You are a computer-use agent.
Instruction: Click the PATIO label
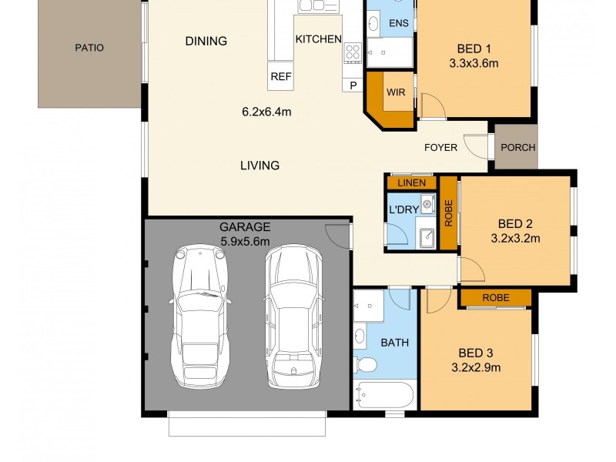[89, 48]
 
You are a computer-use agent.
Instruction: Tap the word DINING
[206, 42]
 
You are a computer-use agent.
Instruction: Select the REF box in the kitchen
[279, 76]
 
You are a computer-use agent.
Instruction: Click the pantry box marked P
[353, 85]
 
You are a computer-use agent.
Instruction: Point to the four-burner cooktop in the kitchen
[353, 52]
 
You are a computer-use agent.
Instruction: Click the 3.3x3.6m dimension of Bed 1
[474, 64]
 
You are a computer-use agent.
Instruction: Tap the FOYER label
[440, 147]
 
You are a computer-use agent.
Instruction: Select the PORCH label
[517, 148]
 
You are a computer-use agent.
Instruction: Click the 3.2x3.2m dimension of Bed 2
[515, 239]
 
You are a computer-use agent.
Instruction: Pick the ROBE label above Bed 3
[495, 297]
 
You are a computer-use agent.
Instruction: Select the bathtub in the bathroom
[385, 397]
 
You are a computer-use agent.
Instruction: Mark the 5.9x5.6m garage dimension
[245, 240]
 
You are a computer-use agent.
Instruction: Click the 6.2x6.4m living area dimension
[266, 112]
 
